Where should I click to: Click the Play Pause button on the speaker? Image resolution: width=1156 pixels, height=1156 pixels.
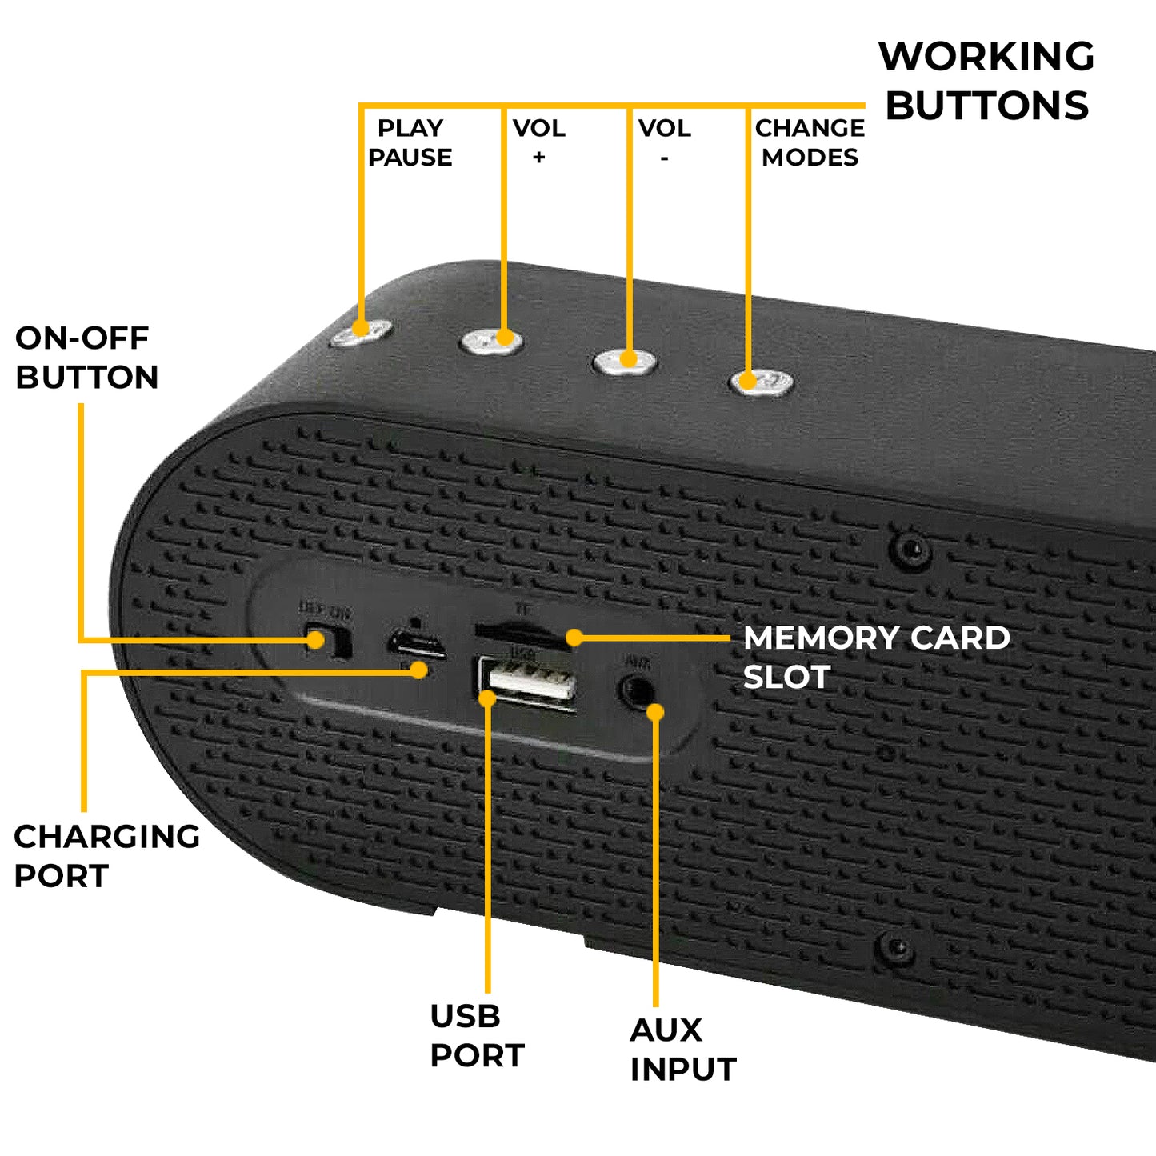coord(361,332)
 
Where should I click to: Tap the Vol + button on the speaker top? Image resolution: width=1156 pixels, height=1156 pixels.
coord(491,342)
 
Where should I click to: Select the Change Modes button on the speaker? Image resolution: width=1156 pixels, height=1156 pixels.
coord(761,382)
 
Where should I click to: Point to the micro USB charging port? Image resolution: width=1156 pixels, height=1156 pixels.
coord(417,643)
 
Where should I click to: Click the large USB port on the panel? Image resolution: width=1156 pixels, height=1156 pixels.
coord(527,682)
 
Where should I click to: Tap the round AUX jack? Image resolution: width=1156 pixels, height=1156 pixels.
coord(637,690)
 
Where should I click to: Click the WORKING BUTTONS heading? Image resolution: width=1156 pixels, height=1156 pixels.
coord(986,81)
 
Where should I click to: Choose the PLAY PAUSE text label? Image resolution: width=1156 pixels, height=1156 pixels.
coord(410,142)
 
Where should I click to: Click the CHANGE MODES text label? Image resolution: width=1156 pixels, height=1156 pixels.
coord(810,142)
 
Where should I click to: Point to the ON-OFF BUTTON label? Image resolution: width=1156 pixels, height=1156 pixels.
coord(86,358)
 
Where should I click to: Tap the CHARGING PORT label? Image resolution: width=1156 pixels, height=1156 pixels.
coord(106,856)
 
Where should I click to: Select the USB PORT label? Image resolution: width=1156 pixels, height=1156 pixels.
coord(477,1035)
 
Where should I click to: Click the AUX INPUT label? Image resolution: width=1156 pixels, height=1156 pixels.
coord(682,1049)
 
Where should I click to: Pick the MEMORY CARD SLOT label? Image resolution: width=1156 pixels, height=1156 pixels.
coord(876,657)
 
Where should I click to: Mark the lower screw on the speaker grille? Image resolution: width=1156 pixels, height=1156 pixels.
coord(896,947)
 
